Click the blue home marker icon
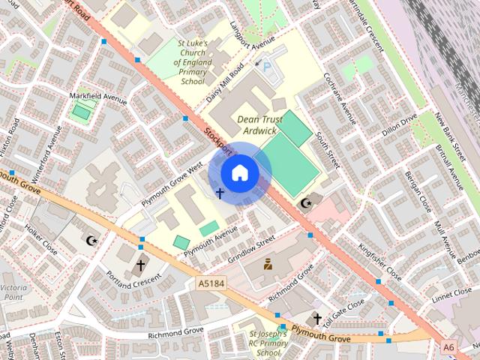[238, 173]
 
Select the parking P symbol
[268, 67]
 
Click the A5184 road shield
[211, 283]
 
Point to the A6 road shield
[448, 346]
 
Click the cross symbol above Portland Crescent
[140, 265]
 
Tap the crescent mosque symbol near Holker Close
[91, 241]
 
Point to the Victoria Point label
[13, 292]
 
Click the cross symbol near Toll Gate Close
[316, 319]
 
